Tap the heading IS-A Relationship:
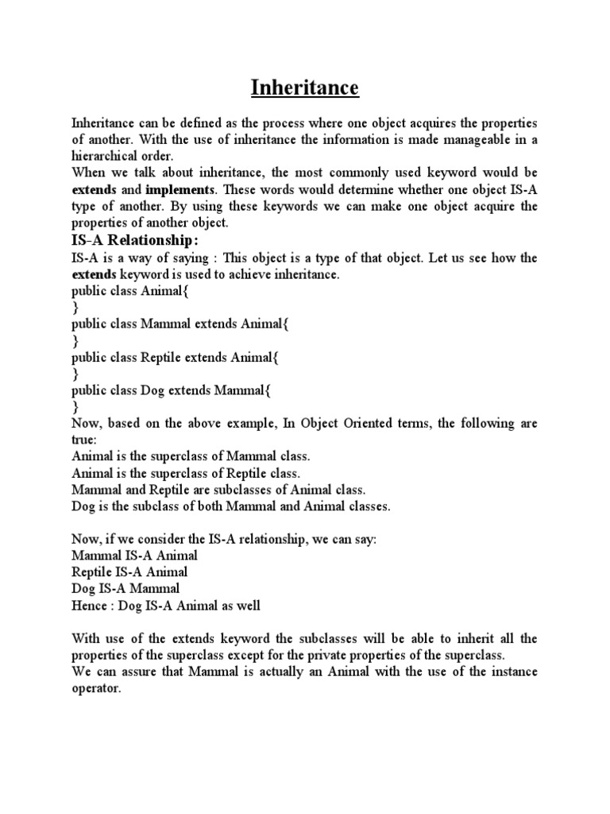tap(133, 241)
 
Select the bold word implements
tap(180, 190)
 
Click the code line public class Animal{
tap(130, 291)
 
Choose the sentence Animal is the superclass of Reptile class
tap(186, 474)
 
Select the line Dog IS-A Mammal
tap(125, 589)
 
